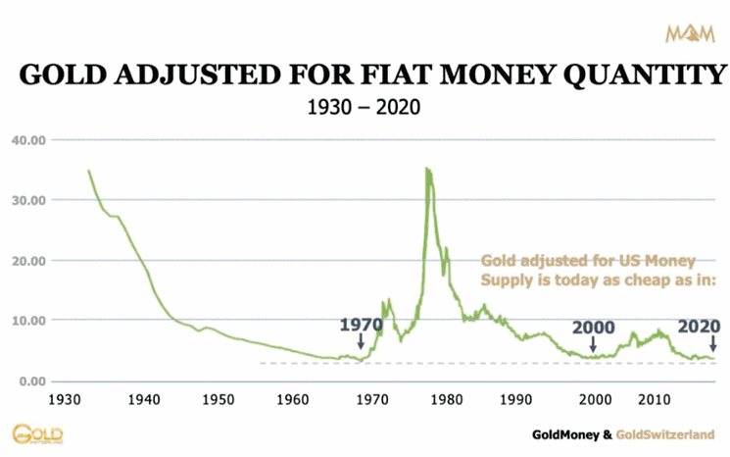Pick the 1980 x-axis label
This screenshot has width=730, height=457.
click(446, 400)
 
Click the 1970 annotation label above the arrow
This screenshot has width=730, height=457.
click(361, 326)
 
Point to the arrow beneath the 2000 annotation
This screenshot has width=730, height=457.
click(592, 344)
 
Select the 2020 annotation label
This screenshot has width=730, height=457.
click(699, 326)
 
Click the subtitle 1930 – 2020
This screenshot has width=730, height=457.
click(365, 106)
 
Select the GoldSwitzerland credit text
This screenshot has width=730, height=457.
click(672, 432)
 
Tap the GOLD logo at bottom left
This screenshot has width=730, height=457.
click(31, 433)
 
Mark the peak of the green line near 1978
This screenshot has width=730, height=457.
click(426, 169)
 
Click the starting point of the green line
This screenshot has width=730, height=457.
click(88, 171)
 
